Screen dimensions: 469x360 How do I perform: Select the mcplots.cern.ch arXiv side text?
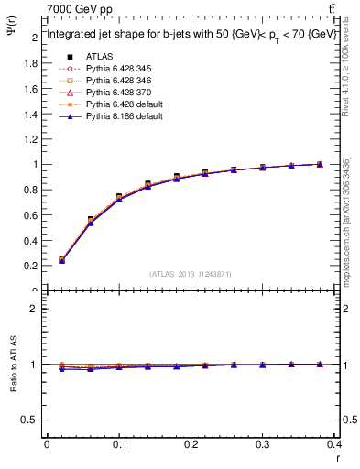click(x=346, y=220)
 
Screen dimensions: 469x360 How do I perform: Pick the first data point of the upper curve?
click(x=61, y=259)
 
